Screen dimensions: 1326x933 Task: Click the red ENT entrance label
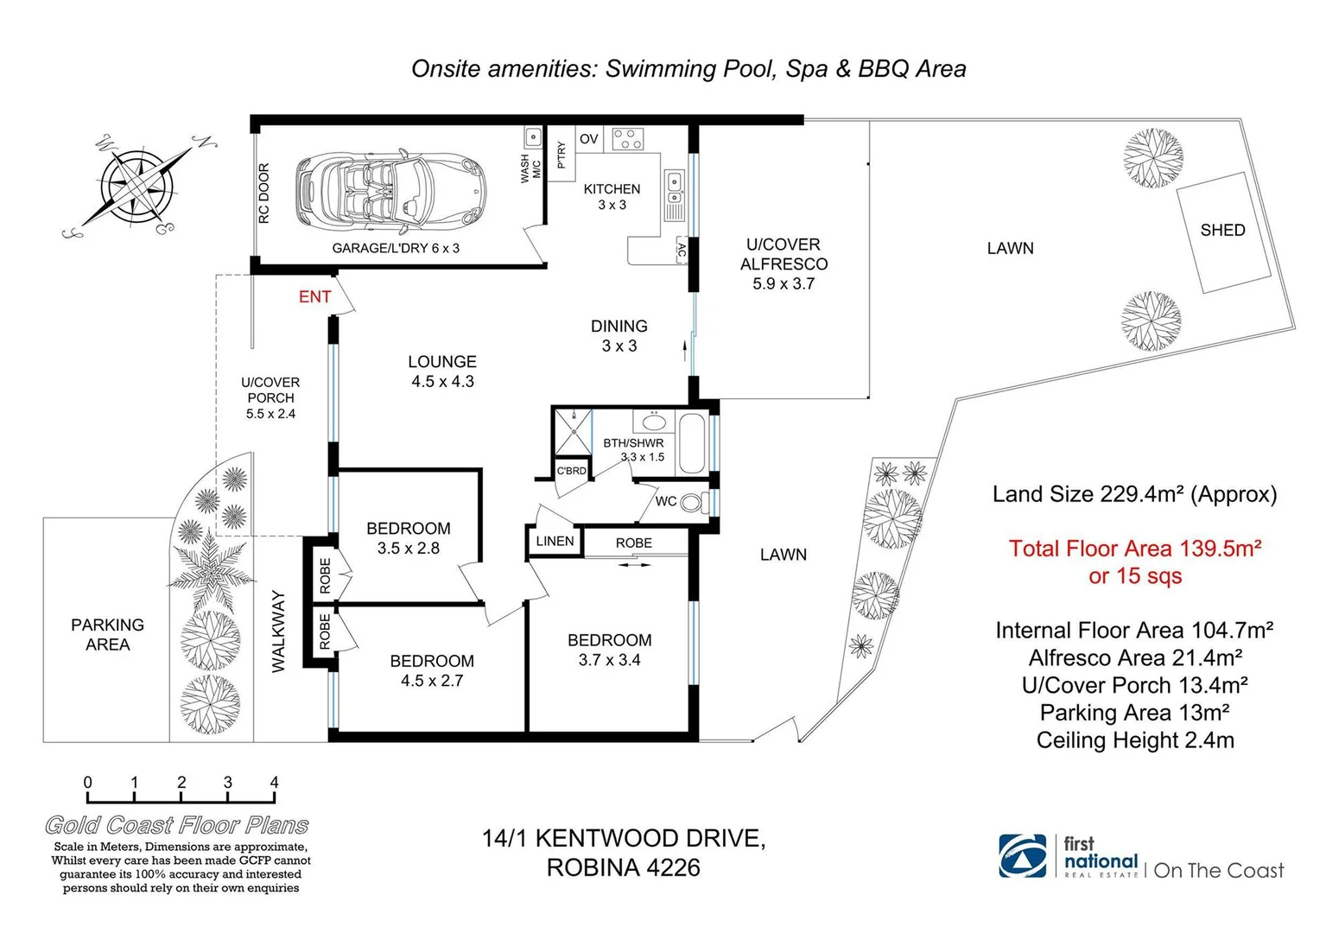click(x=314, y=296)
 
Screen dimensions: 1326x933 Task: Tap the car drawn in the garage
click(x=390, y=190)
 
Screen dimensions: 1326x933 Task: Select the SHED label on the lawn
click(x=1222, y=230)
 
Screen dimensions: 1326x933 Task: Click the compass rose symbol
click(x=138, y=185)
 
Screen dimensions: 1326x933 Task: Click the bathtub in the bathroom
click(x=691, y=444)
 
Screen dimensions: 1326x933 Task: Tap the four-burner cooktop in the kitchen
click(x=627, y=140)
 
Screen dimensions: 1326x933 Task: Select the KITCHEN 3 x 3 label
click(x=612, y=197)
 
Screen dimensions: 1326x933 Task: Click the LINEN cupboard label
click(x=555, y=541)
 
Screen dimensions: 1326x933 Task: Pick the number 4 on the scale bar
click(x=274, y=782)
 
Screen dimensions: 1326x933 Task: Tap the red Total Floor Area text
click(x=1135, y=562)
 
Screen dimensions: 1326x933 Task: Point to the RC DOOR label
click(x=264, y=194)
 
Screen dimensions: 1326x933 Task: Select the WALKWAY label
click(x=278, y=632)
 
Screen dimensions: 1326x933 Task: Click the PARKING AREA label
click(x=107, y=634)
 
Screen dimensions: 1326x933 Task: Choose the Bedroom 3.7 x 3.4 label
click(x=610, y=650)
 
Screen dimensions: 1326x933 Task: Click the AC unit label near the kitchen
click(x=682, y=251)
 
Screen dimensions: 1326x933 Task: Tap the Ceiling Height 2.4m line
click(x=1135, y=740)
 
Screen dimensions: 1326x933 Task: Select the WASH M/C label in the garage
click(x=530, y=168)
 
